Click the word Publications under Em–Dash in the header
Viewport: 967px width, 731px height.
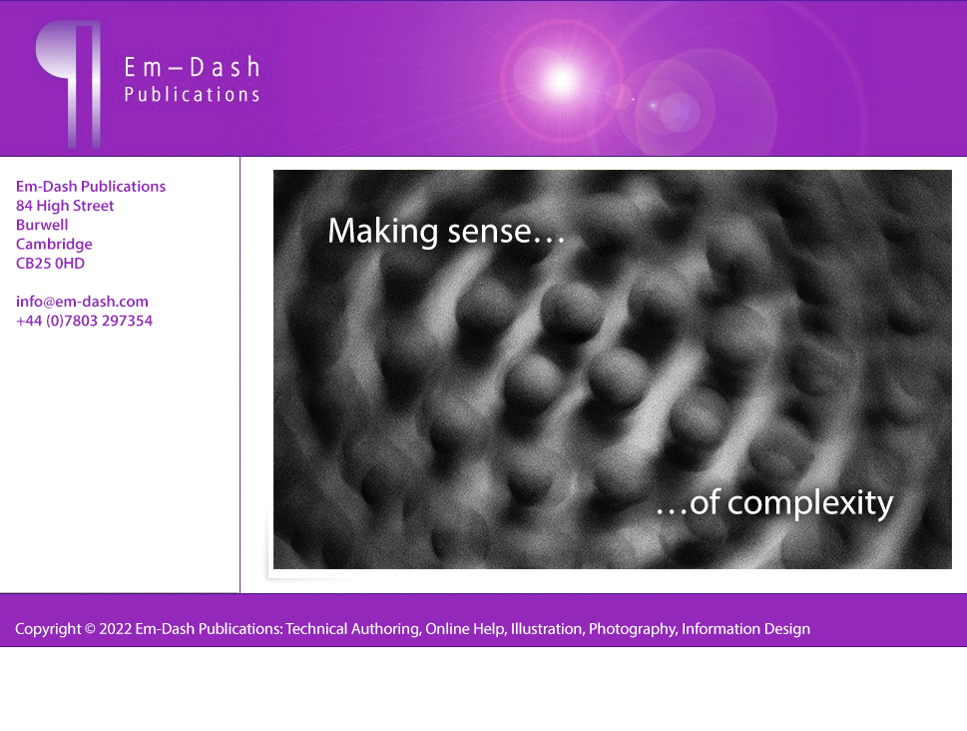click(192, 95)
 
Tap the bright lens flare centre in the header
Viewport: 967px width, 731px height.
click(561, 80)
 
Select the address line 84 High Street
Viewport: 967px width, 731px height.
click(65, 206)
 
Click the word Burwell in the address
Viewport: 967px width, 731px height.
click(42, 225)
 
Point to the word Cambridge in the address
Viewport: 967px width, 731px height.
click(54, 244)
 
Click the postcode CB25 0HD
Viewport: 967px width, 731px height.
click(50, 263)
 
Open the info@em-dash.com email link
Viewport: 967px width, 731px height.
click(82, 302)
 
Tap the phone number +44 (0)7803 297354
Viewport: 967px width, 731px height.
click(84, 321)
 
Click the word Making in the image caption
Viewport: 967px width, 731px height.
click(383, 232)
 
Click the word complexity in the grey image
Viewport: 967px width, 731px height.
click(810, 503)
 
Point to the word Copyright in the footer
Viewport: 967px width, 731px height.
click(48, 629)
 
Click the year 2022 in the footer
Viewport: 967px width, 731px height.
click(116, 628)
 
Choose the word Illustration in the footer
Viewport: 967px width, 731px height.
click(547, 628)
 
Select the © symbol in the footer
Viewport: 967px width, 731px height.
click(90, 629)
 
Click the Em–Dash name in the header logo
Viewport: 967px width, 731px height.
click(192, 67)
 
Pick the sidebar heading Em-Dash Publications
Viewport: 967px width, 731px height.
click(91, 187)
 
